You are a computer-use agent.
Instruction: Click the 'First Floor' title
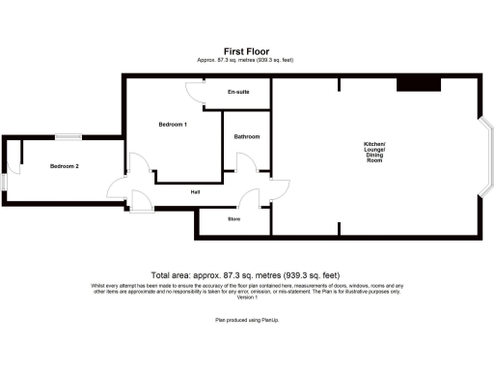coord(246,51)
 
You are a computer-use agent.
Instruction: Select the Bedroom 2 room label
coord(65,167)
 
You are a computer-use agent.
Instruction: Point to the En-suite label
coord(238,92)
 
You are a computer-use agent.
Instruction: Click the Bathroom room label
coord(247,136)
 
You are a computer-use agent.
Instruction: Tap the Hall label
coord(195,191)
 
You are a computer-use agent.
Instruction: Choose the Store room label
coord(233,219)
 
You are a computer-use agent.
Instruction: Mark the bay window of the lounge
coord(485,154)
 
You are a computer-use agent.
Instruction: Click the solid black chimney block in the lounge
coord(419,85)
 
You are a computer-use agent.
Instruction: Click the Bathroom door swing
coord(245,165)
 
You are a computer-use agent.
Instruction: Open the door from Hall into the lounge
coord(280,190)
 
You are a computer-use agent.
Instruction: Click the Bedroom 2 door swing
coord(117,186)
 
